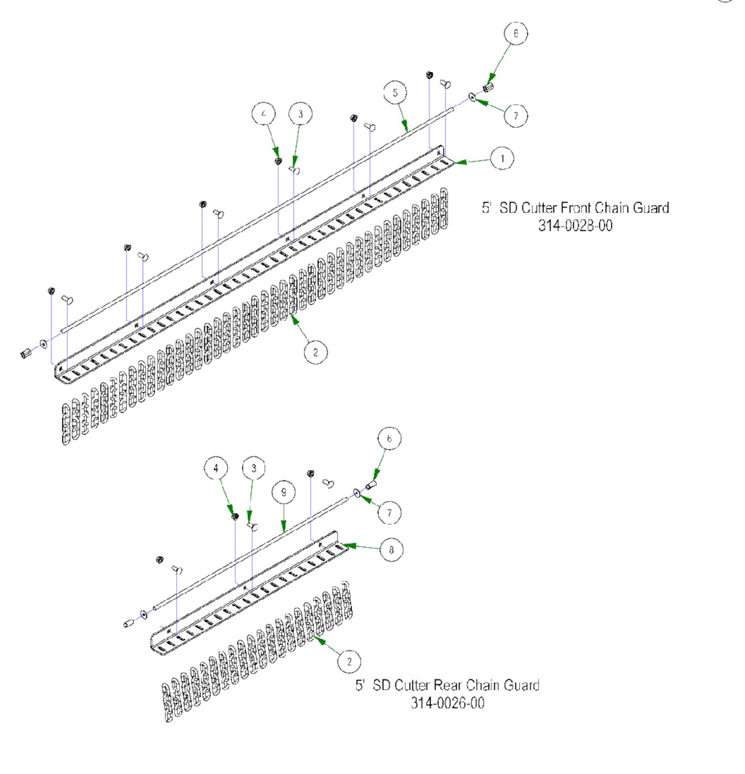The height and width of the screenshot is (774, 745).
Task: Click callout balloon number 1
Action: (x=502, y=158)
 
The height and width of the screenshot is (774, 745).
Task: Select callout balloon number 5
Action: (x=395, y=92)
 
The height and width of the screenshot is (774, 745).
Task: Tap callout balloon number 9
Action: (x=283, y=493)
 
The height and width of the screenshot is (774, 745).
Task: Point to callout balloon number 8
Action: (x=391, y=550)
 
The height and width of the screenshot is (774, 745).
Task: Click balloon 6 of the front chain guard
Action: (x=515, y=33)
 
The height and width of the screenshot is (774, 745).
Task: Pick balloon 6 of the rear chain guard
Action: (x=389, y=439)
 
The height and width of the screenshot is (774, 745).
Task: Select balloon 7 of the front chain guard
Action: (x=516, y=116)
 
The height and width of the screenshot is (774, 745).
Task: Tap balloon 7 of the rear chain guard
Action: (x=390, y=513)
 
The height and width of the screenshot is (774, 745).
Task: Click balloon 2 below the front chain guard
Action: (x=316, y=352)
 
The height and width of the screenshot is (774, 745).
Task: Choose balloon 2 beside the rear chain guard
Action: (x=349, y=662)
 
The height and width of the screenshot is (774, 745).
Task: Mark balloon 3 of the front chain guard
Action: (x=300, y=114)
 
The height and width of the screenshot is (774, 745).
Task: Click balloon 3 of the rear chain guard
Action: (x=253, y=468)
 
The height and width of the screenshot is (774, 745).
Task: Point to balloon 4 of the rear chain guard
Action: (x=216, y=468)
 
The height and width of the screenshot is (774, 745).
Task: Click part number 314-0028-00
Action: (x=575, y=225)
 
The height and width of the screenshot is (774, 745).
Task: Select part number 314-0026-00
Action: (x=448, y=703)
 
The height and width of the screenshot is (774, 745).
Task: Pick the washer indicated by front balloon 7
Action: (x=472, y=97)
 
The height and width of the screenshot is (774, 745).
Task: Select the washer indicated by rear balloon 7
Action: (x=357, y=494)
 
